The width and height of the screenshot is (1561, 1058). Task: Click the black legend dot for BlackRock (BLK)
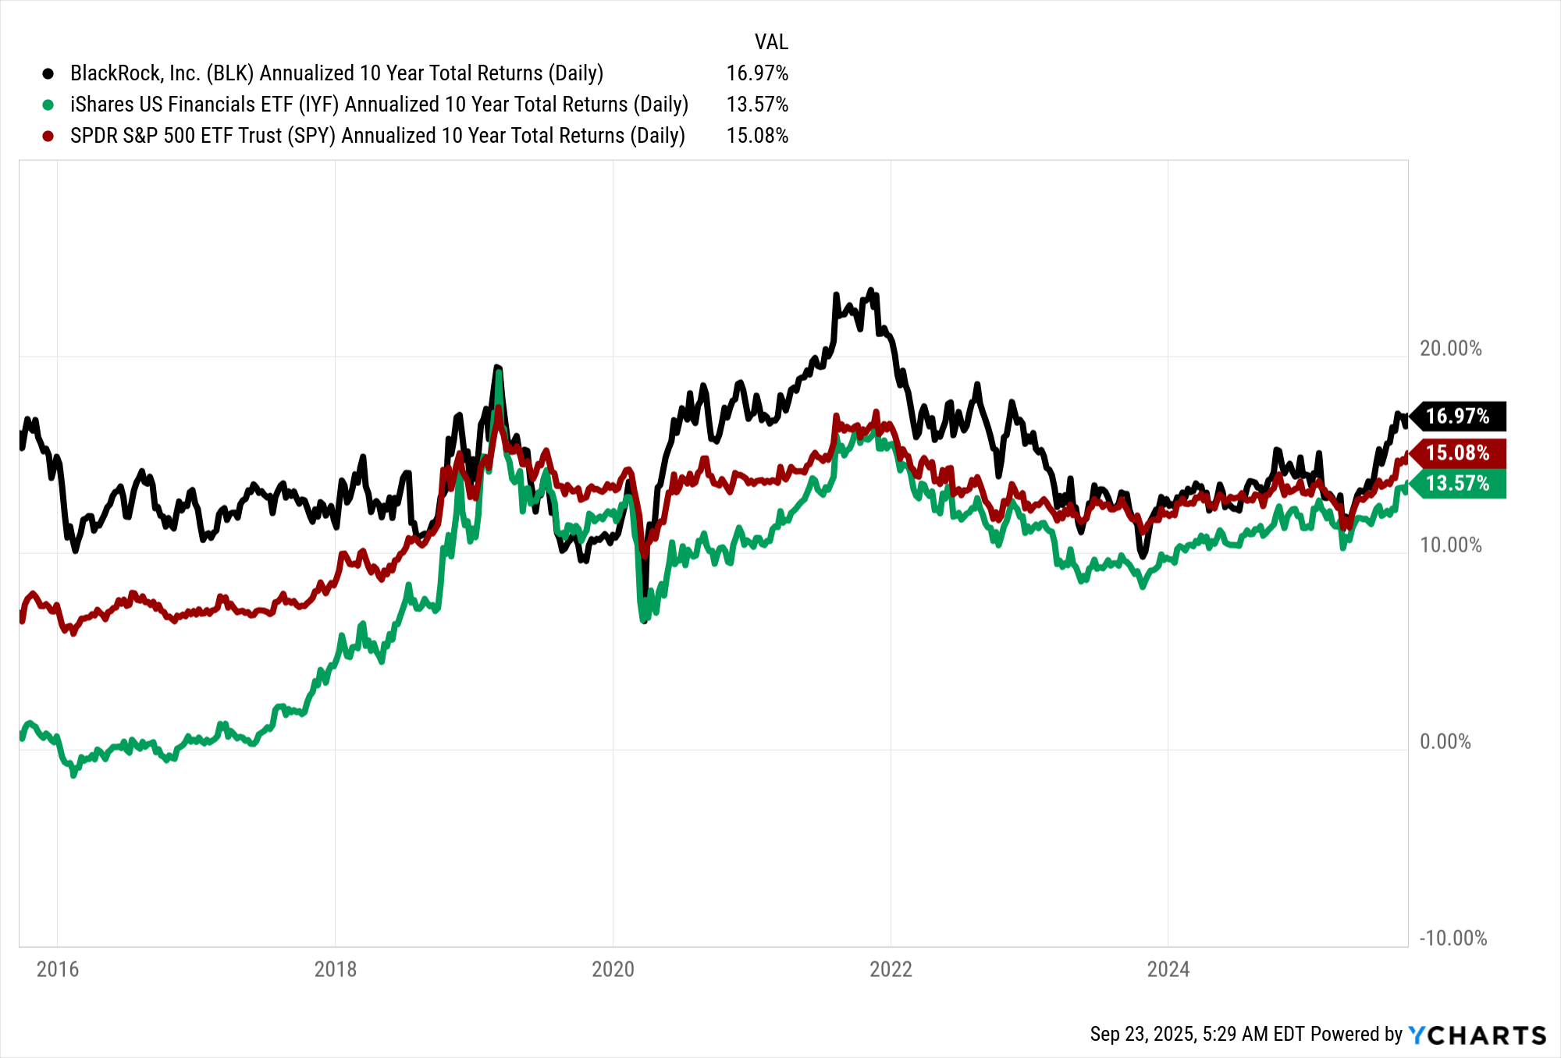click(x=48, y=73)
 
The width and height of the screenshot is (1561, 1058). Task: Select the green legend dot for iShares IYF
click(x=48, y=105)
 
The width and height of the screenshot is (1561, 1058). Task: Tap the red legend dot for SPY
click(x=48, y=136)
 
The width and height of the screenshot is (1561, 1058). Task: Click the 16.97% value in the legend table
click(x=756, y=73)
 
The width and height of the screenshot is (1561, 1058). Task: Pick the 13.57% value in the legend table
click(x=756, y=105)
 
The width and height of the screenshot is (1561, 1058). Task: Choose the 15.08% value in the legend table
click(x=756, y=136)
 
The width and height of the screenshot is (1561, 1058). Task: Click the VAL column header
click(x=770, y=41)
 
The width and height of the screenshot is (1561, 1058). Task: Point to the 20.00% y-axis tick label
click(x=1449, y=349)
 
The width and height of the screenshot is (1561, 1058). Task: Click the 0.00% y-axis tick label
click(x=1445, y=741)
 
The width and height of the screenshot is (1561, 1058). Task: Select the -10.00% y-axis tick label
click(x=1453, y=938)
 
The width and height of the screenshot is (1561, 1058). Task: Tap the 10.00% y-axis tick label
click(x=1449, y=545)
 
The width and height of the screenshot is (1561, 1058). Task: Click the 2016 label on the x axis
click(x=58, y=969)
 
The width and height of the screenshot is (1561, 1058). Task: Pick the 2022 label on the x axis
click(x=891, y=969)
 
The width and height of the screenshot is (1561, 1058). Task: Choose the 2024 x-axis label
click(x=1168, y=969)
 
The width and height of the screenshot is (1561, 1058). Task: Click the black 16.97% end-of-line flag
click(x=1458, y=416)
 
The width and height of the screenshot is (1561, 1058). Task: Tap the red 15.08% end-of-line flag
click(x=1458, y=453)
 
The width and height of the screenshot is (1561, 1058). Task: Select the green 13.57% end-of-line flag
click(x=1458, y=483)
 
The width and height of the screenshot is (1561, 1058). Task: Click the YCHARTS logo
click(x=1477, y=1035)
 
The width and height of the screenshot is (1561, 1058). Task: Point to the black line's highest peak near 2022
click(x=871, y=290)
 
